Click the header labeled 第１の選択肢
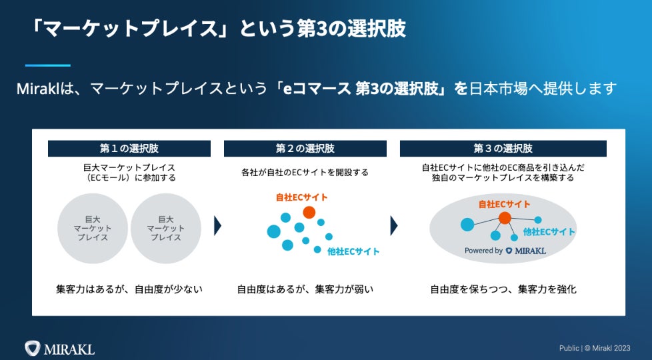pos(129,148)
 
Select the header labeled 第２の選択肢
pos(305,148)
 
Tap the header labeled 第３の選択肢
pos(503,148)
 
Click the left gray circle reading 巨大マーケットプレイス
pos(93,228)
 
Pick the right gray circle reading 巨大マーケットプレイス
pos(166,228)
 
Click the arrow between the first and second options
pos(217,226)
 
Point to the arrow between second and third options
pos(394,226)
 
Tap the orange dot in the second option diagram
pos(309,212)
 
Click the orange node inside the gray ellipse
pos(505,217)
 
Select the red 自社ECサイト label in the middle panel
pos(301,198)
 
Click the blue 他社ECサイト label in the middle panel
pos(353,252)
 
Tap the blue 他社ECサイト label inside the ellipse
pos(549,232)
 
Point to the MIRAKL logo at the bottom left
pos(59,348)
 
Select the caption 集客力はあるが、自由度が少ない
pos(129,289)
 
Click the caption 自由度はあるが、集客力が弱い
pos(305,289)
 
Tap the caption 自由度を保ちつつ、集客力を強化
pos(503,289)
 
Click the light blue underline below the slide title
pos(47,65)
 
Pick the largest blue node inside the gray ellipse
pos(467,224)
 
